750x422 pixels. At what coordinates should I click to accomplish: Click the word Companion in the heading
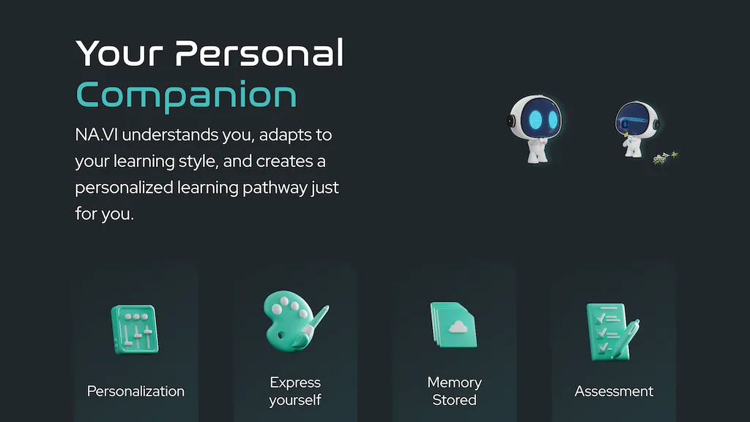click(x=186, y=95)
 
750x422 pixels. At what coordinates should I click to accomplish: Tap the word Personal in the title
click(x=260, y=53)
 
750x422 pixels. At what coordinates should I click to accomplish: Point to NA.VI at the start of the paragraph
click(x=93, y=136)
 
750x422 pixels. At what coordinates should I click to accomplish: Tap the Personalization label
click(x=135, y=391)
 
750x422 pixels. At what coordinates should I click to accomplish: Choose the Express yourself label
click(x=295, y=391)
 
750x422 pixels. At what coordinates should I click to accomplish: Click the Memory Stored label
click(x=454, y=391)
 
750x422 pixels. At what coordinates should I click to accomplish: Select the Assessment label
click(x=614, y=391)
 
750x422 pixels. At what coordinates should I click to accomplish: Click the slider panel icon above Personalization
click(x=133, y=330)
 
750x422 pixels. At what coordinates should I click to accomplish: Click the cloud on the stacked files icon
click(x=458, y=327)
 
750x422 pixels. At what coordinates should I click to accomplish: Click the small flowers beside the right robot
click(x=664, y=157)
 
